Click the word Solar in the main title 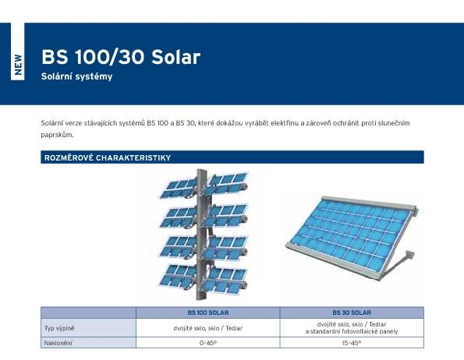175,57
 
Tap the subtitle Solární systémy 77,76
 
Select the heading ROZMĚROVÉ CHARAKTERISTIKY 108,157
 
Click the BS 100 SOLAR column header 208,312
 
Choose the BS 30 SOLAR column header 352,312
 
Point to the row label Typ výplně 59,328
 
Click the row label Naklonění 58,343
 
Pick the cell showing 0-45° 208,343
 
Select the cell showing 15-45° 352,343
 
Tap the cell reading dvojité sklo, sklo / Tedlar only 208,328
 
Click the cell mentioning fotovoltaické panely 352,328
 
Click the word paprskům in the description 57,135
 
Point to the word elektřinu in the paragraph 285,123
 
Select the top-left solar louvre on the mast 179,189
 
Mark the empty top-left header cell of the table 88,312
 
